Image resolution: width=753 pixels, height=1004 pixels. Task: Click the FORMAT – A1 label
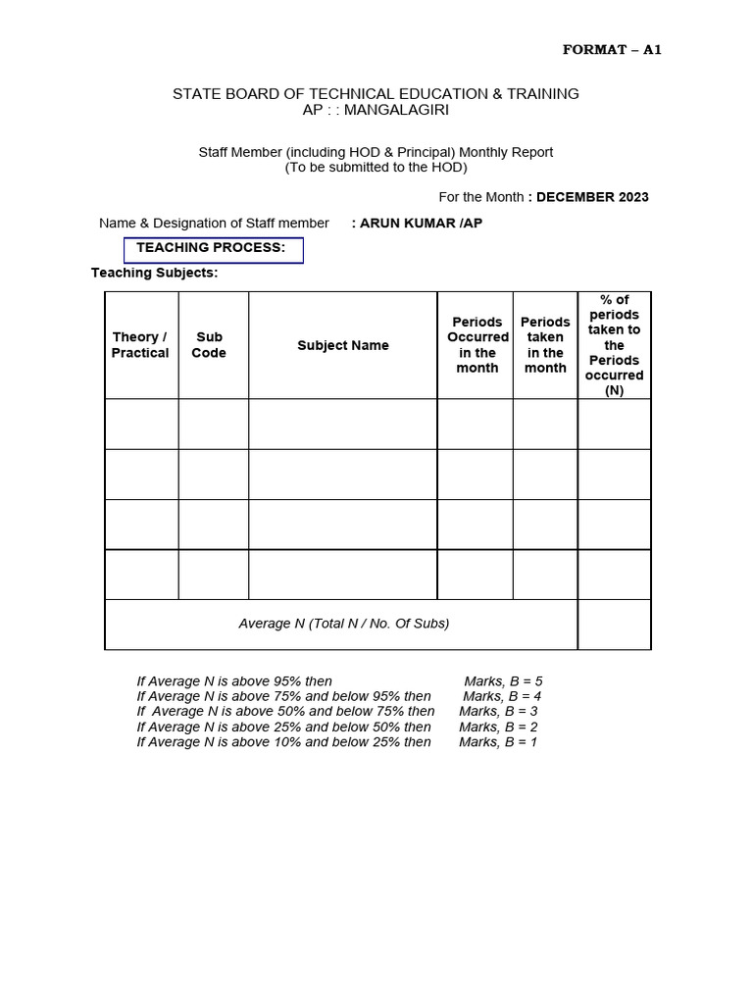click(612, 50)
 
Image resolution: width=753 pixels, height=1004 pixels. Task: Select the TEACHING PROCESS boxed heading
click(213, 249)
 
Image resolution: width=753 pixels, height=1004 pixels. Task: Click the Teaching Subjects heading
click(155, 273)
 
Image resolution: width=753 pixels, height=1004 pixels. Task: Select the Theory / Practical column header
click(140, 345)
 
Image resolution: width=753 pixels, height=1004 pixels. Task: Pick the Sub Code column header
click(209, 345)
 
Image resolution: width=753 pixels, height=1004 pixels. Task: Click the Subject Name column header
click(343, 345)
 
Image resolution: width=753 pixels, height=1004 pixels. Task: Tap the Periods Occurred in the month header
click(477, 345)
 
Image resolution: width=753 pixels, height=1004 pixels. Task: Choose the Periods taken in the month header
click(545, 345)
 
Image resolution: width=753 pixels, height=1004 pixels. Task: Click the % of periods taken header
click(615, 345)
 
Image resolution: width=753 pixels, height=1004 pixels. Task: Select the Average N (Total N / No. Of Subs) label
click(344, 624)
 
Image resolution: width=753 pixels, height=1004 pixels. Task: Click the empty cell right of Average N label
click(615, 624)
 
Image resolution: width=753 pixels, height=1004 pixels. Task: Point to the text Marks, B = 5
click(503, 680)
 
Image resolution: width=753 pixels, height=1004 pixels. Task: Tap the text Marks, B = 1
click(498, 742)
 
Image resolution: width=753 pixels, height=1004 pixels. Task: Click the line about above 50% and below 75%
click(285, 711)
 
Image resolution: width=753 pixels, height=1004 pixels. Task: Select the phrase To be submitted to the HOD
click(376, 168)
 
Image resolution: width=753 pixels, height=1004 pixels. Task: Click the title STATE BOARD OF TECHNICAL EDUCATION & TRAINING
click(376, 94)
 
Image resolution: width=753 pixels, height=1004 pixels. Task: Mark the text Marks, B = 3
click(498, 711)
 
